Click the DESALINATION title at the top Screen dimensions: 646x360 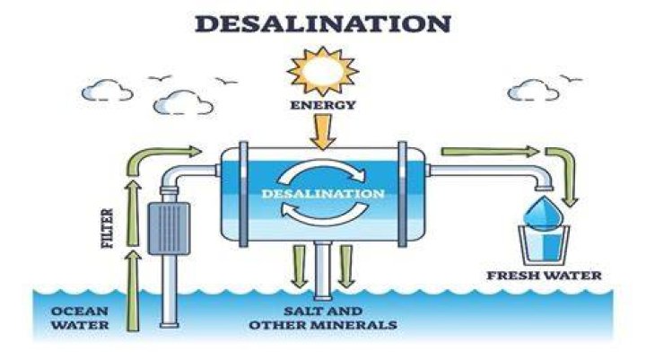click(323, 23)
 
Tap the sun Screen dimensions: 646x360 click(323, 71)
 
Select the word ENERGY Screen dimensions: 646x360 click(323, 105)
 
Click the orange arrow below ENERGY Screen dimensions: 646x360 click(323, 132)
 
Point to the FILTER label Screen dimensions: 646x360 click(107, 228)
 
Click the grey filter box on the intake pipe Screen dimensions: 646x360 click(169, 228)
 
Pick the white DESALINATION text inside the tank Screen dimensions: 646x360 click(323, 193)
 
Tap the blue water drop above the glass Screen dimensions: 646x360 click(544, 213)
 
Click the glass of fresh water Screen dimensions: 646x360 click(544, 245)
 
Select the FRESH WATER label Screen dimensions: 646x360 click(544, 276)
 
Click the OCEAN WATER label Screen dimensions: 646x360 click(80, 318)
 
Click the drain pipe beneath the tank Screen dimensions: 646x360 click(323, 270)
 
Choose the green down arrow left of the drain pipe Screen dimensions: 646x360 click(299, 267)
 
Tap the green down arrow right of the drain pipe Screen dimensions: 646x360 click(346, 267)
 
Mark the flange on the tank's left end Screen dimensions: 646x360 click(243, 194)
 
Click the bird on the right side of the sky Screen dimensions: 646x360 click(571, 78)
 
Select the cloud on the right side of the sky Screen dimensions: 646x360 click(533, 91)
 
